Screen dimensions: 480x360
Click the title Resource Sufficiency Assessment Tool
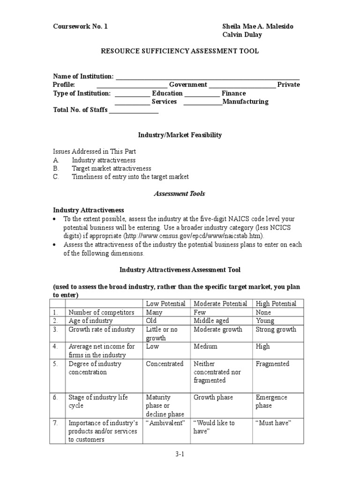180,51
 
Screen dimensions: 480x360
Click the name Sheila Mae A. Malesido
257,26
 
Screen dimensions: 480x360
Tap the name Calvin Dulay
242,35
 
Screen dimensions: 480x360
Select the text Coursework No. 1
80,26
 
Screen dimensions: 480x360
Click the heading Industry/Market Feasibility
180,135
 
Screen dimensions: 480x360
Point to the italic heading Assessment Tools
180,193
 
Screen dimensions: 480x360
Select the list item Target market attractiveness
111,168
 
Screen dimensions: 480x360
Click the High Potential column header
276,304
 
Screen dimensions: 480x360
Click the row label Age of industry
90,321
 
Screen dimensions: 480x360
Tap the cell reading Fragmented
272,364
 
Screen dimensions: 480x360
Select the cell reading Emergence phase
271,402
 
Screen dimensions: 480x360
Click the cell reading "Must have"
273,423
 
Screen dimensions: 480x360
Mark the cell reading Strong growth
276,330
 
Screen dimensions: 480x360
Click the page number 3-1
180,454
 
